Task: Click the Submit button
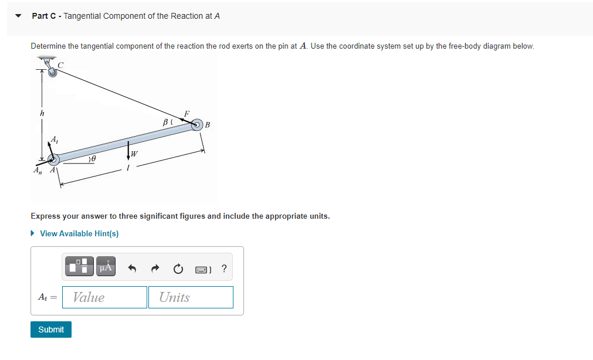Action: click(x=51, y=330)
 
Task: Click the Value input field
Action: click(x=104, y=297)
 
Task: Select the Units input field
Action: click(x=191, y=297)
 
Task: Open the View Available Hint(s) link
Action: click(x=79, y=233)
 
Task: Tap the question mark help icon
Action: click(x=224, y=269)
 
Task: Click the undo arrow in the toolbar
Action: click(x=132, y=269)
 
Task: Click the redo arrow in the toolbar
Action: click(x=155, y=269)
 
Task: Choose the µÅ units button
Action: click(x=106, y=267)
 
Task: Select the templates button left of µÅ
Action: click(x=79, y=267)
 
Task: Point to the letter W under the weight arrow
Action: click(x=134, y=155)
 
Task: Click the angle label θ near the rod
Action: click(x=93, y=159)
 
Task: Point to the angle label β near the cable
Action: click(x=166, y=123)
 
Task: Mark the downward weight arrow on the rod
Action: click(x=128, y=150)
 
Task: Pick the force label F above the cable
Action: click(x=187, y=113)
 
